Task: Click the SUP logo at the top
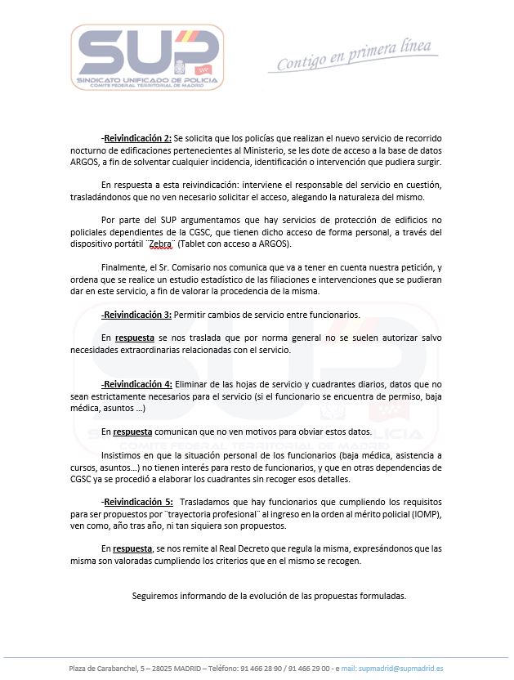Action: [x=146, y=56]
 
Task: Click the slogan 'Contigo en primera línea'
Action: [x=354, y=56]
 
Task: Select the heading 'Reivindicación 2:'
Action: [x=137, y=138]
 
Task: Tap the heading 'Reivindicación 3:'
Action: [x=137, y=314]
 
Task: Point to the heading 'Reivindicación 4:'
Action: [x=137, y=384]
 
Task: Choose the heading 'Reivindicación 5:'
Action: [x=137, y=501]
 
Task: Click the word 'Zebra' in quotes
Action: [x=166, y=244]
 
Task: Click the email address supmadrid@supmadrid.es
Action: [x=403, y=669]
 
